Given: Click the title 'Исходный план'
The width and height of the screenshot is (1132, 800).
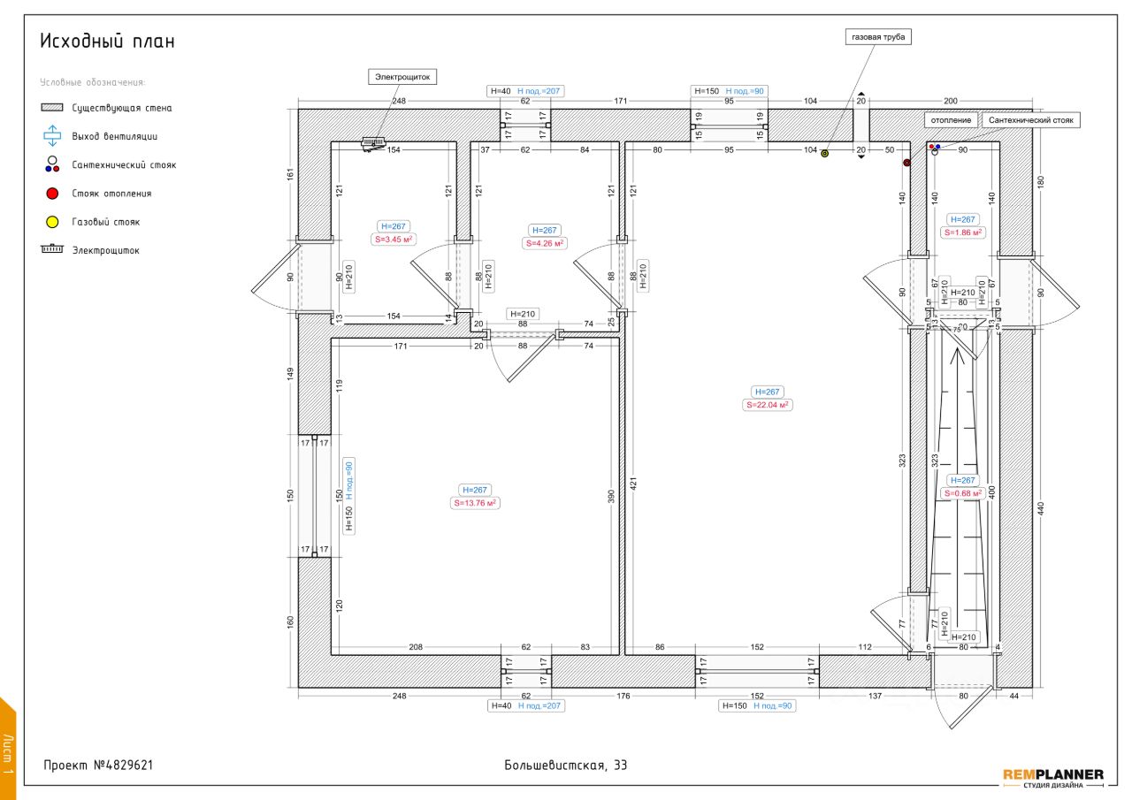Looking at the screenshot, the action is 107,42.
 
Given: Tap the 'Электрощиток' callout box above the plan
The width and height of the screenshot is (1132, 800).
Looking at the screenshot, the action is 402,77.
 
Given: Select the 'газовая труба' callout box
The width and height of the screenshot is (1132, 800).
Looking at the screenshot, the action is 878,37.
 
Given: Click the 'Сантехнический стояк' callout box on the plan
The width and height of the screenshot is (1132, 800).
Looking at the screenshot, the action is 1030,119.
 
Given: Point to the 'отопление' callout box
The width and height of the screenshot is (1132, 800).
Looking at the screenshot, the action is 951,119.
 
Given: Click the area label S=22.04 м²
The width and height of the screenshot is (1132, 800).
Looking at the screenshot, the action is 767,405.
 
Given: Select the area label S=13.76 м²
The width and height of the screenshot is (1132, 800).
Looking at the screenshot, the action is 475,503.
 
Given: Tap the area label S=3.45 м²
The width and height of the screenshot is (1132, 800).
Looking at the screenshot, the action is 393,239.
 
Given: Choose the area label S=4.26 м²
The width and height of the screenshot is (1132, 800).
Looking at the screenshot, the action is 544,243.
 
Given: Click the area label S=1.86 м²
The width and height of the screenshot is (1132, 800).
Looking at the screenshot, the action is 961,232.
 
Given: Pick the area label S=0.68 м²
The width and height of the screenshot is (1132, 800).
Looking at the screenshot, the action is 962,493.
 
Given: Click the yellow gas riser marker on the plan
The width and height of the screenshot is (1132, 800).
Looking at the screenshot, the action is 824,153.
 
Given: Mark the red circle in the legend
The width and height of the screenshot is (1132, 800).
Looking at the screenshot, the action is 52,194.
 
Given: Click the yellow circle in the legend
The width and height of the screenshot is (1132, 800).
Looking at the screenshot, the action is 52,222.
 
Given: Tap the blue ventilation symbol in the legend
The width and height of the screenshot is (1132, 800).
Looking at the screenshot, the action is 52,136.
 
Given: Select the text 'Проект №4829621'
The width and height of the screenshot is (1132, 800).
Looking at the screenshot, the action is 99,766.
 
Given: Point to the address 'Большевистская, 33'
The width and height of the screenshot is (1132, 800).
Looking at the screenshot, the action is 566,766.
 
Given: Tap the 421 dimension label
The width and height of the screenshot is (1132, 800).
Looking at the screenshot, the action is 633,484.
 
